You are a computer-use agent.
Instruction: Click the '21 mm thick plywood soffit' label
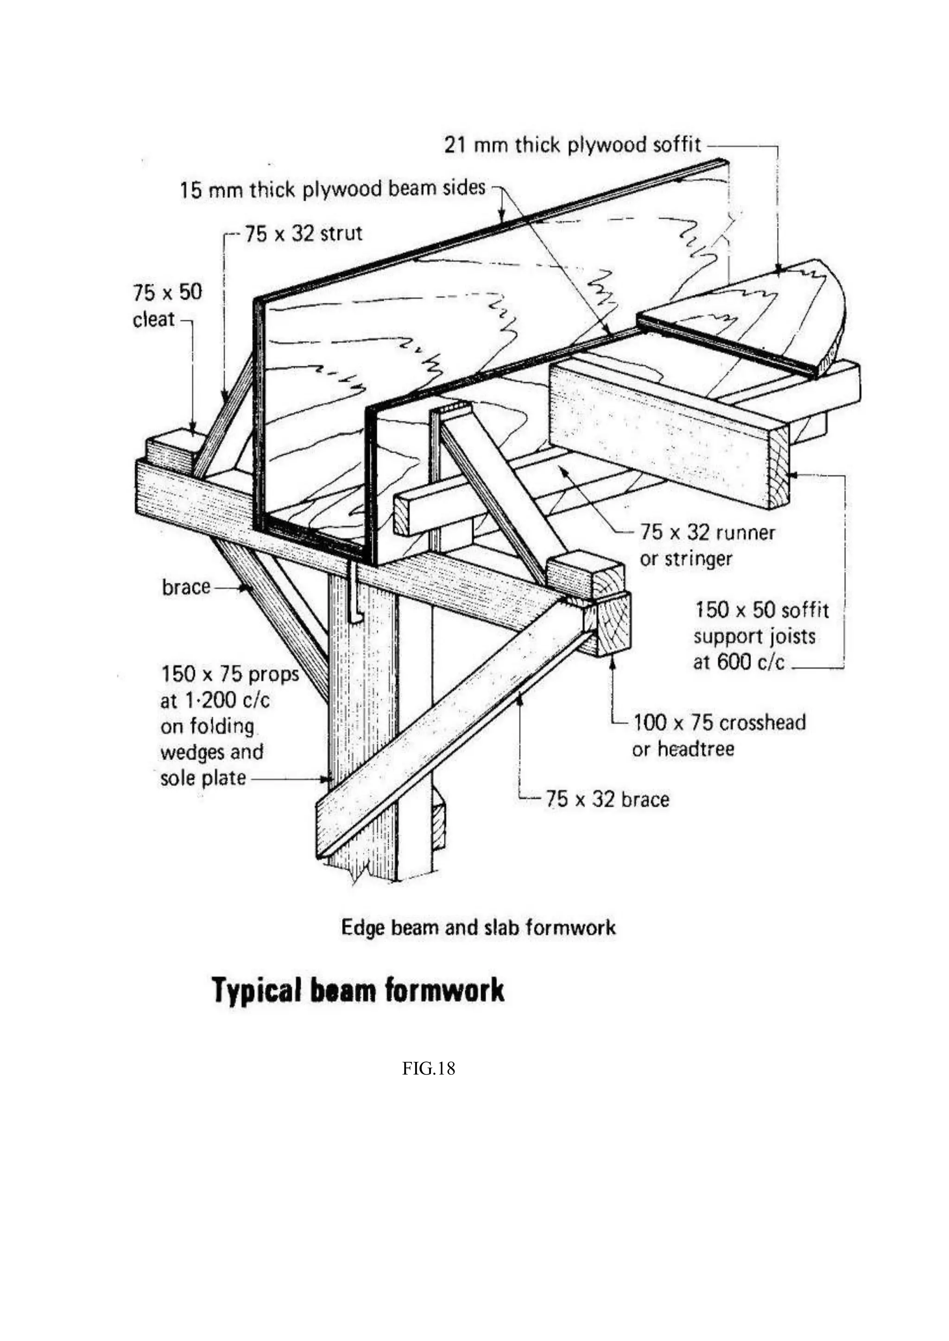pos(572,144)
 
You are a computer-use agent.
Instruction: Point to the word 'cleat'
pos(154,320)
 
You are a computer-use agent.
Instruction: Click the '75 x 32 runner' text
pos(707,532)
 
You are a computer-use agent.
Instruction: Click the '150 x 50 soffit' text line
pos(761,610)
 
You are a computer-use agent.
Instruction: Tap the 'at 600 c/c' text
pos(738,662)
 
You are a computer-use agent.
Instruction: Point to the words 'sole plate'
pos(203,778)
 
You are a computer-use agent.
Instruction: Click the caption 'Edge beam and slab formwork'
pos(478,927)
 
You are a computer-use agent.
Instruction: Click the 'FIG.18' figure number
pos(428,1069)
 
